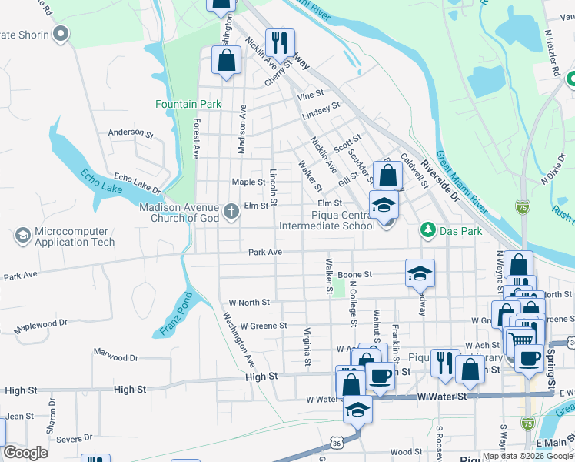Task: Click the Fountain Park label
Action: point(188,104)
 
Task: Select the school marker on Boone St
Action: point(420,273)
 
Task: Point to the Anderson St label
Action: point(126,132)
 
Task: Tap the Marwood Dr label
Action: point(115,357)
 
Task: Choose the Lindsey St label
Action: point(321,110)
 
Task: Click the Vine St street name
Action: point(311,95)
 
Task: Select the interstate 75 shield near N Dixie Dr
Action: point(523,206)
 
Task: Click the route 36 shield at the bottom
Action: point(337,443)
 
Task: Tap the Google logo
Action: point(25,453)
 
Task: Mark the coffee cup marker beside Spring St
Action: point(529,358)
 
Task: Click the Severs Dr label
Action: point(75,439)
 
